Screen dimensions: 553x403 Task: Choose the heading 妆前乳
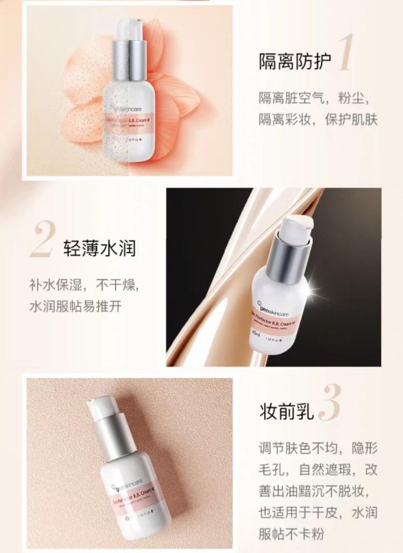(285, 411)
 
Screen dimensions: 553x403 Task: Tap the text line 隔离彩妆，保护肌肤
(317, 120)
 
